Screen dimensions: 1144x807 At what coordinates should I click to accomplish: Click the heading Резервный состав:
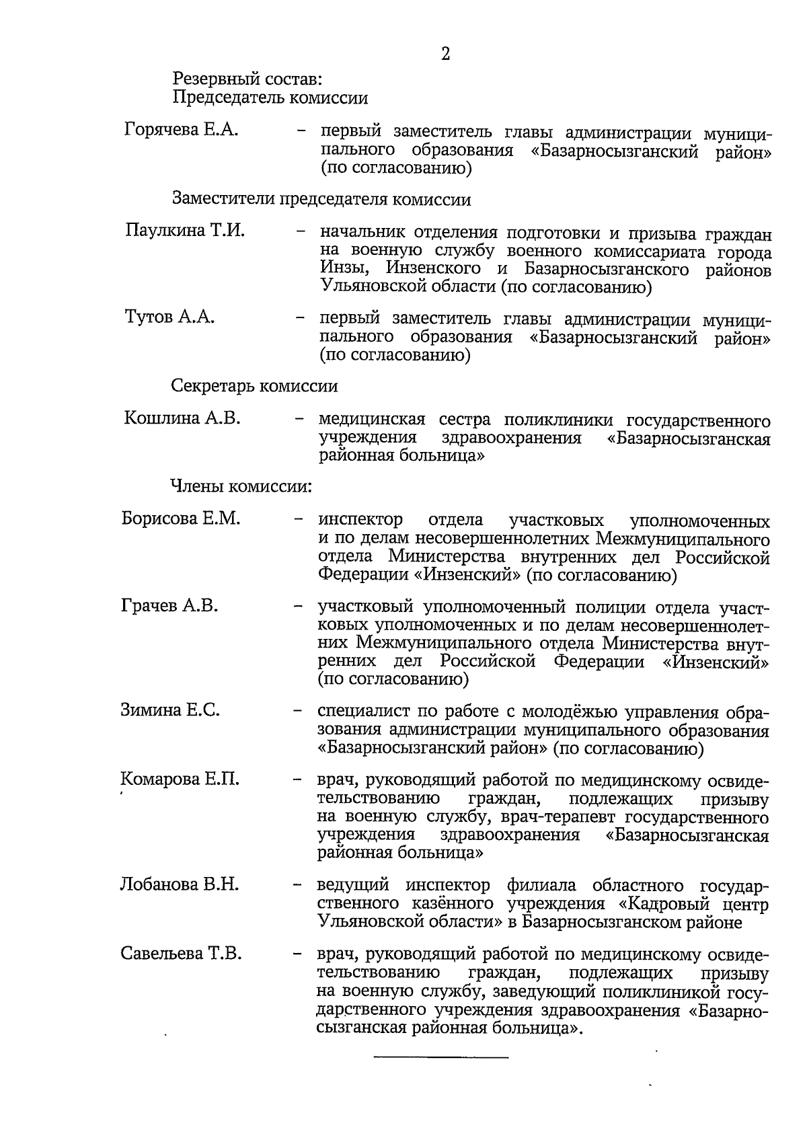coord(247,79)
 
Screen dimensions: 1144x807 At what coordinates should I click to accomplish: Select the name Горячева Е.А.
coord(182,130)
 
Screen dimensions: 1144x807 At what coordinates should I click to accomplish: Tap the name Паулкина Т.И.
coord(185,231)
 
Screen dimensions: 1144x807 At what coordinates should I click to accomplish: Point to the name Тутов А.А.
coord(170,317)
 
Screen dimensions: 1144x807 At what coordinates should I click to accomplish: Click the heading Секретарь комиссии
coord(254,386)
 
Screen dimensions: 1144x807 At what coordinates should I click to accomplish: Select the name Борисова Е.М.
coord(181,519)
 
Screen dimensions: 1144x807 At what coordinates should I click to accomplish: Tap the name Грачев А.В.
coord(169,606)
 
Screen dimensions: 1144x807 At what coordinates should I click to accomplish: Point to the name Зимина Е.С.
coord(170,710)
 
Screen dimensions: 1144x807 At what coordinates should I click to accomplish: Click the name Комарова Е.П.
coord(180,779)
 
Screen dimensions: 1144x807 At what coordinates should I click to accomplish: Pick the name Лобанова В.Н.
coord(180,884)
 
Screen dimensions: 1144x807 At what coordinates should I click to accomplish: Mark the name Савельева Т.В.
coord(181,954)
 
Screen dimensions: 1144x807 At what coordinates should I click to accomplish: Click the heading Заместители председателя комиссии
coord(321,200)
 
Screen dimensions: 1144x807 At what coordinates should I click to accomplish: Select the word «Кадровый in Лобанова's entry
coord(650,903)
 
